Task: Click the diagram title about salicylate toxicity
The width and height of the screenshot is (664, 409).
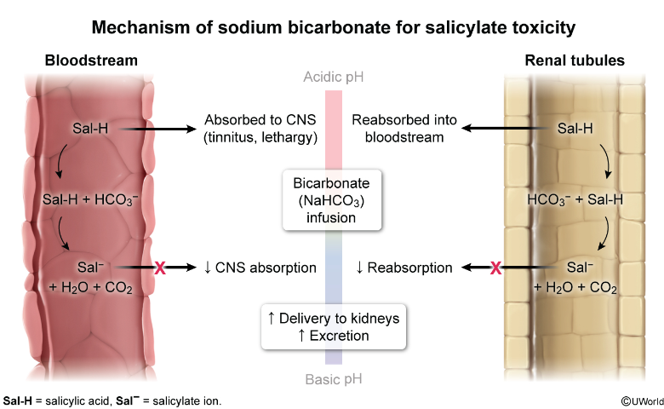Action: pyautogui.click(x=333, y=27)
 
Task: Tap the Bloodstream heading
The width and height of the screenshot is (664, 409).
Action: pyautogui.click(x=91, y=60)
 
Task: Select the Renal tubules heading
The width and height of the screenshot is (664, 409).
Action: pyautogui.click(x=575, y=60)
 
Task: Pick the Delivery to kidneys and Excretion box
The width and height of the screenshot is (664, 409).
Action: pyautogui.click(x=333, y=326)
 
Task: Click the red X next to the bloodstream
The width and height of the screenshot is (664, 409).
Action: pyautogui.click(x=159, y=268)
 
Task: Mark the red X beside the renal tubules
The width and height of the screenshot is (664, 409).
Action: pyautogui.click(x=495, y=268)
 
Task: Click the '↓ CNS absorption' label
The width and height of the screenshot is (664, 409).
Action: pyautogui.click(x=260, y=268)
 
